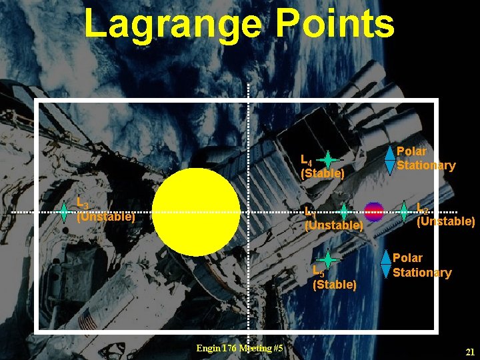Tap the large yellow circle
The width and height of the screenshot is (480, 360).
click(x=196, y=211)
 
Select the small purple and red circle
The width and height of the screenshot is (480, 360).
click(x=373, y=212)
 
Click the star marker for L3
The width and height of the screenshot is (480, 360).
click(x=63, y=212)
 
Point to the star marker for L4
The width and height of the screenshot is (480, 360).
click(x=328, y=160)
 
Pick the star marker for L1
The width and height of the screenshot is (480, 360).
click(x=343, y=212)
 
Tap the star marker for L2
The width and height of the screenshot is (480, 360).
click(x=404, y=212)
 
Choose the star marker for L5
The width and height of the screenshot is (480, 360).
click(x=328, y=259)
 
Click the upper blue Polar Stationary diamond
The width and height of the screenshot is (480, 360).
click(x=390, y=160)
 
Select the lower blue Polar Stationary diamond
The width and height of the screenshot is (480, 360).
click(x=386, y=264)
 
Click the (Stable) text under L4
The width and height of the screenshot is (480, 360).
click(x=323, y=174)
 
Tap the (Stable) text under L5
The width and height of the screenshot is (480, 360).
click(x=335, y=285)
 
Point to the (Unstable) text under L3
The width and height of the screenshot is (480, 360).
click(x=105, y=217)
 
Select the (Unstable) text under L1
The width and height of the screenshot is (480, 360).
click(x=333, y=226)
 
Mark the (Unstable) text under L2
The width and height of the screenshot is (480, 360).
click(x=445, y=221)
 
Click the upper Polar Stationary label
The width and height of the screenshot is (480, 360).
click(x=425, y=159)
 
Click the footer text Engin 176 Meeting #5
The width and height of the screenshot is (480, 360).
click(x=240, y=349)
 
